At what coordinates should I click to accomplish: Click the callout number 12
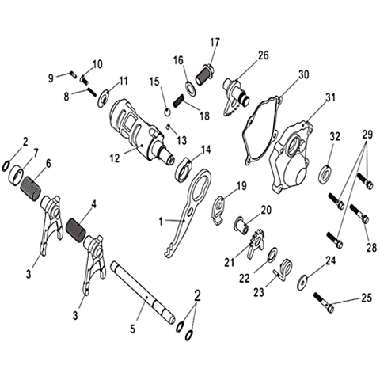[116, 158]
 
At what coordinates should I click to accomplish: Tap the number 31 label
[329, 97]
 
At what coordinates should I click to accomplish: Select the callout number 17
[215, 42]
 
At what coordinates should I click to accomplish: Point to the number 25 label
[367, 298]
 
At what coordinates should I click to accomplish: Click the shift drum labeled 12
[142, 132]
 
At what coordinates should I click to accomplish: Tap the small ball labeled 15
[167, 112]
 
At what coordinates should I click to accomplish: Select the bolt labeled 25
[324, 303]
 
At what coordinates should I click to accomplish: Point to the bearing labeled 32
[326, 173]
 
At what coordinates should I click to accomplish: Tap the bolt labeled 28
[359, 214]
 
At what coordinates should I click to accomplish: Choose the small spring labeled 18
[180, 101]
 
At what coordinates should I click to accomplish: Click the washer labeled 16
[190, 88]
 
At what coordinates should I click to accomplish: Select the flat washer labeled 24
[302, 283]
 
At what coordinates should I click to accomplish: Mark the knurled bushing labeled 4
[77, 228]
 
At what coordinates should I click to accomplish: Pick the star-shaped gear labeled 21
[256, 244]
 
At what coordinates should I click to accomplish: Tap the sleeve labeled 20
[241, 226]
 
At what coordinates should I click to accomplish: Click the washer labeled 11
[104, 98]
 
